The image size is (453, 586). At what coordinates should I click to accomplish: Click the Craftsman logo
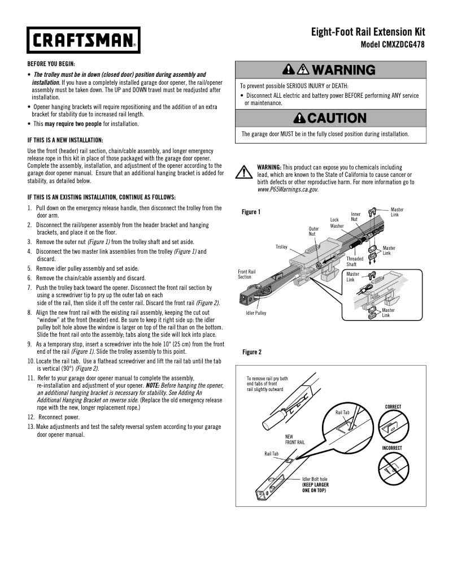(83, 40)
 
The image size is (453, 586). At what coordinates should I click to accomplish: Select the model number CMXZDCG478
(393, 44)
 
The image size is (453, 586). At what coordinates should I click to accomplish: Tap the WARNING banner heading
(330, 70)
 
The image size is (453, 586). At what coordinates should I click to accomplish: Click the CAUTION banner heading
(330, 119)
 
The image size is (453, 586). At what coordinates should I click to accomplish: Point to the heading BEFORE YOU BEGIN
(51, 64)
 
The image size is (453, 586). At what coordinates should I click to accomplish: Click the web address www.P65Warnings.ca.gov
(288, 190)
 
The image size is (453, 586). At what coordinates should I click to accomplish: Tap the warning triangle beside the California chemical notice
(243, 173)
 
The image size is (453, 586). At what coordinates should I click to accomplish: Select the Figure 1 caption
(251, 212)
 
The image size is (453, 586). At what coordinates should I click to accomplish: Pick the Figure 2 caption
(252, 353)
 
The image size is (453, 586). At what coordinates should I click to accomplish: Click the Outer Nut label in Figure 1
(313, 231)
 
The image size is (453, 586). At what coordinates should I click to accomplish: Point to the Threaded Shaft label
(355, 262)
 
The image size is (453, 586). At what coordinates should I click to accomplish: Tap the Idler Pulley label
(256, 313)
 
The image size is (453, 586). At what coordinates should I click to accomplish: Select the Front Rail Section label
(246, 274)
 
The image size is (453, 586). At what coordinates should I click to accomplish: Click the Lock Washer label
(337, 223)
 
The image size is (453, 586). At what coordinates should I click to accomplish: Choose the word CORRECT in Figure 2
(393, 407)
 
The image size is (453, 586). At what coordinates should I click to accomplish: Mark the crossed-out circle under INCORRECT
(393, 467)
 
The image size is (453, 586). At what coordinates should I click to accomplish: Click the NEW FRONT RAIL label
(295, 439)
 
